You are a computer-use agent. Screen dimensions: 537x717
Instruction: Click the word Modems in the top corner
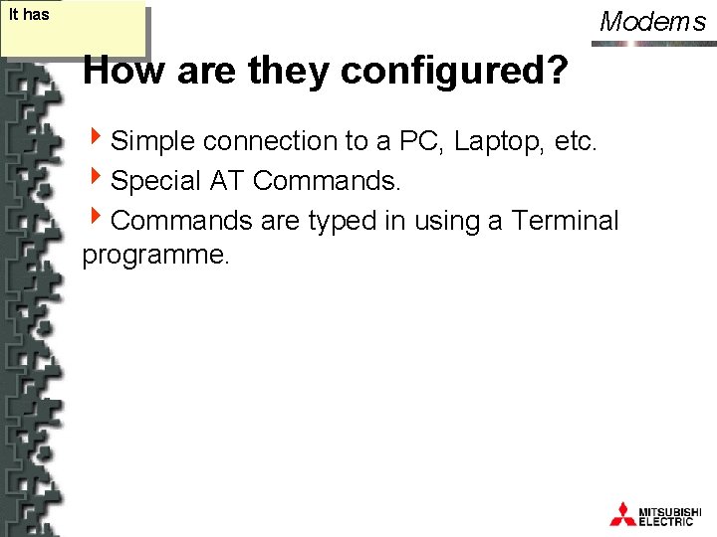click(653, 22)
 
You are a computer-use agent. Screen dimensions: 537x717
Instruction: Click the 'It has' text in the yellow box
click(28, 15)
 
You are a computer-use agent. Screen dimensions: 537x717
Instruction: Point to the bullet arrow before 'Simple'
click(95, 140)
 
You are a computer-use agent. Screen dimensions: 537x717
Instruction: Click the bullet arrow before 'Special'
click(95, 179)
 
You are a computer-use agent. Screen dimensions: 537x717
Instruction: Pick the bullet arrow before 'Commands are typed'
click(95, 218)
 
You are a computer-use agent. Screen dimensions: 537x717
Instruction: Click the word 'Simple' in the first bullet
click(153, 142)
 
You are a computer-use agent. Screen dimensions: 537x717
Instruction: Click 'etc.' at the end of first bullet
click(576, 142)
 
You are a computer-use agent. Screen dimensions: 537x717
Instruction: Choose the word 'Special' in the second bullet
click(157, 181)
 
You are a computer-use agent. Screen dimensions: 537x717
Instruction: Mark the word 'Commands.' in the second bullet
click(328, 181)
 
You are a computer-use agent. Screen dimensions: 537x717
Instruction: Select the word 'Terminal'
click(565, 220)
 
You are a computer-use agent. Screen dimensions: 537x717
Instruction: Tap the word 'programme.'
click(156, 256)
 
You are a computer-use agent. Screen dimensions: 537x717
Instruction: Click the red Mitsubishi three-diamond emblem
click(622, 513)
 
